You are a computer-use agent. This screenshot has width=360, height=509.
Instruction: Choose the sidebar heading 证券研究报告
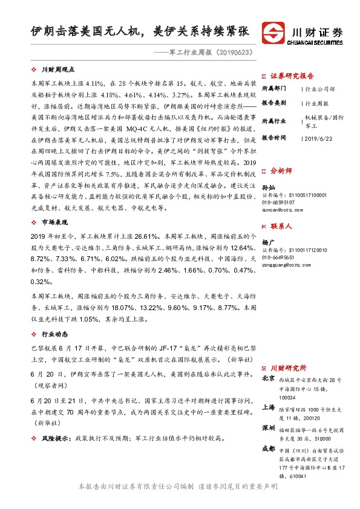coord(292,76)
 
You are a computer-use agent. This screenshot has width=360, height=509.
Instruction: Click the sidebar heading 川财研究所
coord(288,367)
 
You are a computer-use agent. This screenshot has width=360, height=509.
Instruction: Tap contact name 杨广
coord(268,242)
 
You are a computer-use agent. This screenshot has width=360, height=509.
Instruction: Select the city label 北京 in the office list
coord(269,378)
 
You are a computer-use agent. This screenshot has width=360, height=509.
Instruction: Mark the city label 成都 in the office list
coord(269,449)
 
